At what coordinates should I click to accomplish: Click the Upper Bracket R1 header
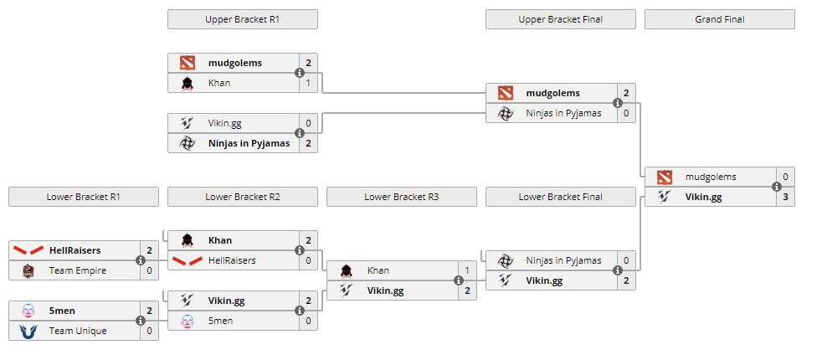point(242,19)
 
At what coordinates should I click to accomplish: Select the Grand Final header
point(719,19)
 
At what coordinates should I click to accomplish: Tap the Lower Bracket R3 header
point(401,197)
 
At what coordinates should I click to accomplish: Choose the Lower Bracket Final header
point(560,197)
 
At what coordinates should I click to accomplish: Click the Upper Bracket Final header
point(560,19)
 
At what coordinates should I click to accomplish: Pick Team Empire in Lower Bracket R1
point(71,270)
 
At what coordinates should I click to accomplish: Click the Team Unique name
point(78,331)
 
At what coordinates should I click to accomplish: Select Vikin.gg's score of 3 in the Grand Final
point(785,197)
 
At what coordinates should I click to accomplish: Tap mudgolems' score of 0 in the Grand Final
point(785,177)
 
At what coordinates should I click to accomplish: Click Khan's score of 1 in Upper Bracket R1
point(308,83)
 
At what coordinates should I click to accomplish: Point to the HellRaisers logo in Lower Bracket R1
point(28,250)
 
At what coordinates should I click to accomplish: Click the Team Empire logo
point(28,270)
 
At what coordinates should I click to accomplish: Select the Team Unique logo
point(28,331)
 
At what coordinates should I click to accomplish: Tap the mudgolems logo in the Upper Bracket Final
point(505,93)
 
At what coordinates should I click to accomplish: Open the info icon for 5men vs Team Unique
point(141,321)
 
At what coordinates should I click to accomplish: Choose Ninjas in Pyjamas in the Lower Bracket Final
point(563,260)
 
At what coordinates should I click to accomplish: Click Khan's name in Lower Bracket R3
point(378,270)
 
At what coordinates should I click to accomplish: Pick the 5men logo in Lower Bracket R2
point(187,321)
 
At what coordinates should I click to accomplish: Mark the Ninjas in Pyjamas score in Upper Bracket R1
point(308,143)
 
